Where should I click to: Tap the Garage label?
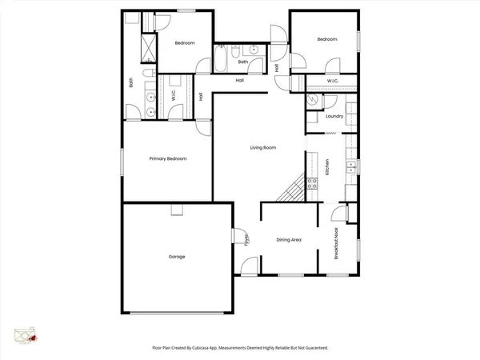(177, 257)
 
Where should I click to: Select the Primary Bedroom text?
(168, 159)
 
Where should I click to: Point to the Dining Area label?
(288, 239)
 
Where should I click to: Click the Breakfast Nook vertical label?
(337, 243)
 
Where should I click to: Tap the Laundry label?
(334, 117)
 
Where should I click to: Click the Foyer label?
(246, 239)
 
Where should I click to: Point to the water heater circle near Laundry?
(314, 100)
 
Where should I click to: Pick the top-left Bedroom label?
(185, 43)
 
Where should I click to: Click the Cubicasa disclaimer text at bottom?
(240, 348)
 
